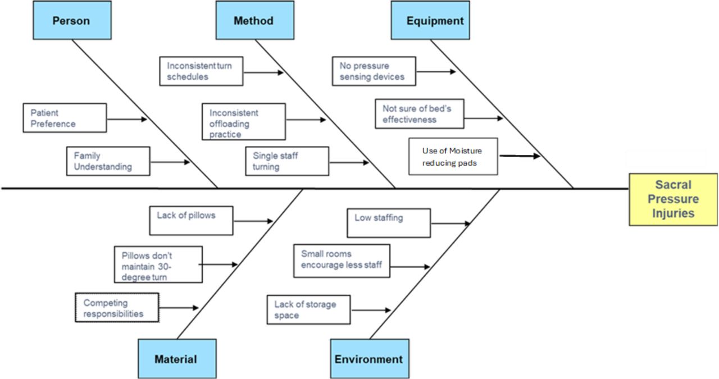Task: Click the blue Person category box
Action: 72,21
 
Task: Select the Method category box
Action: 254,21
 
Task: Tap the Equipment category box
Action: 430,21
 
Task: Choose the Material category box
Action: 176,358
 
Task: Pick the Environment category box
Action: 369,358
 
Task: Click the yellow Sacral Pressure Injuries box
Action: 673,199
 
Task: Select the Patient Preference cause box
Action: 65,118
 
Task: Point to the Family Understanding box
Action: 108,161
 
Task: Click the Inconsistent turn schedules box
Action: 201,71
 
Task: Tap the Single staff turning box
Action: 287,161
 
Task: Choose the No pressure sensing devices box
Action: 374,71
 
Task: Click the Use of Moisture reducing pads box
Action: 453,157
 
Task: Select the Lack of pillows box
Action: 191,221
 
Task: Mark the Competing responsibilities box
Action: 117,308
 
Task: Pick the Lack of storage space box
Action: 308,309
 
